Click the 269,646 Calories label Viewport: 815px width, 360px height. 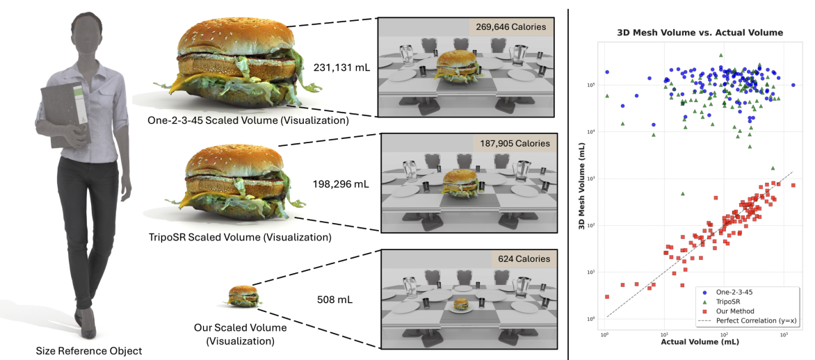click(x=513, y=28)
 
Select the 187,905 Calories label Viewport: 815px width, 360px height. click(x=513, y=144)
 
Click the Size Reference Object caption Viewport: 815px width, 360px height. click(x=89, y=351)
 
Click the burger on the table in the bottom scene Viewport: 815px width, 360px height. click(x=460, y=304)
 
